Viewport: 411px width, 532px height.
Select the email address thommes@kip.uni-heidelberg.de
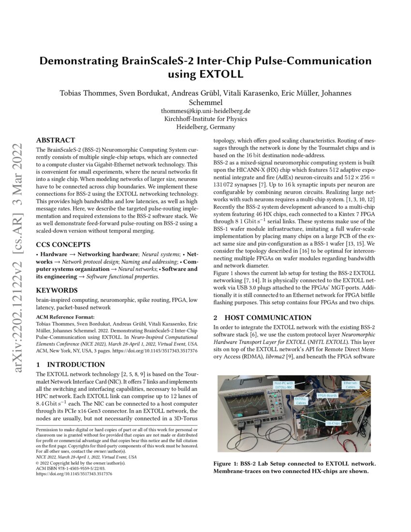(x=205, y=111)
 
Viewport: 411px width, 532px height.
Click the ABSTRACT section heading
(x=56, y=140)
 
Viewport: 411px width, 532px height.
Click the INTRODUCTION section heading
(x=73, y=364)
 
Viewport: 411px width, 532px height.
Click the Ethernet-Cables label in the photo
(x=351, y=385)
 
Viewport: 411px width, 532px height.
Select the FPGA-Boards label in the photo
(x=327, y=396)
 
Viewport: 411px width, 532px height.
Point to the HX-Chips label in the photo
(x=333, y=422)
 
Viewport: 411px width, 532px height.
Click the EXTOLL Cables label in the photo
(x=301, y=400)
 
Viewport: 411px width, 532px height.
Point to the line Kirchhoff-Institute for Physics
(x=205, y=119)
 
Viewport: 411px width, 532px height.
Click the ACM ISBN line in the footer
(x=65, y=468)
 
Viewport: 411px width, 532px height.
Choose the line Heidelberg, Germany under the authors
(x=205, y=127)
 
